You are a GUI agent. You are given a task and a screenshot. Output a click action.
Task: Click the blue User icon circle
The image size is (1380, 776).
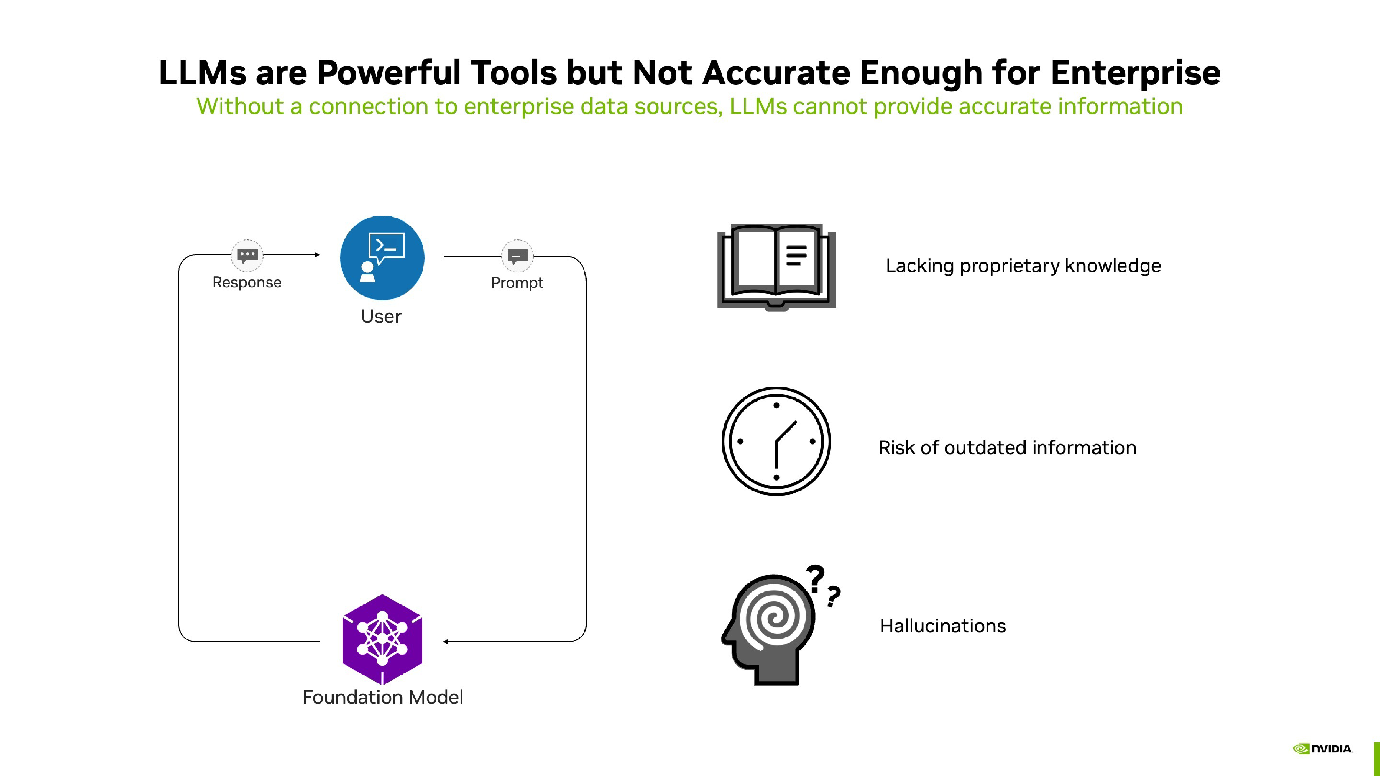click(x=382, y=258)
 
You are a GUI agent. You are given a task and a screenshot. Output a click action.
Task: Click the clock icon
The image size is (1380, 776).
click(x=776, y=441)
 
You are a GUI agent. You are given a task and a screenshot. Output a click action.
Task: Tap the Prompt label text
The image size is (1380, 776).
click(x=517, y=283)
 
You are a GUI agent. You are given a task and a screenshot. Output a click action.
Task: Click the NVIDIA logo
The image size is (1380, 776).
click(x=1323, y=749)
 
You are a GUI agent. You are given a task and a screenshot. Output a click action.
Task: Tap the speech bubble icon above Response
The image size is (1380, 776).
click(x=247, y=256)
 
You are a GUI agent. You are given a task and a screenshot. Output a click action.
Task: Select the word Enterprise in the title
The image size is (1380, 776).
click(x=1135, y=72)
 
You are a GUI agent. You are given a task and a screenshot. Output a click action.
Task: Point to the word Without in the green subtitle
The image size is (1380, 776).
click(x=239, y=106)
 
